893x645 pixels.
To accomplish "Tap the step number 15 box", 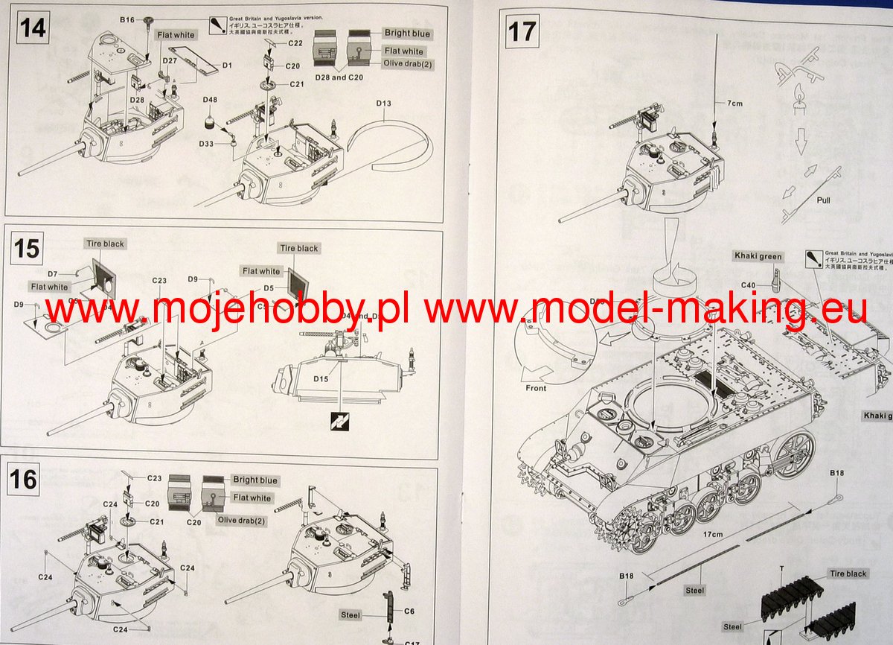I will pyautogui.click(x=27, y=247).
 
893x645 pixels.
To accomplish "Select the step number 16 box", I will pyautogui.click(x=25, y=479).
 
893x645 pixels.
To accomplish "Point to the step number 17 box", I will pyautogui.click(x=522, y=31).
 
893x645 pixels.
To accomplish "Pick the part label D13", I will pyautogui.click(x=383, y=103).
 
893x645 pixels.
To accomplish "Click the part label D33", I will pyautogui.click(x=207, y=143).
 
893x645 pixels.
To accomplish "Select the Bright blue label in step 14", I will pyautogui.click(x=406, y=34).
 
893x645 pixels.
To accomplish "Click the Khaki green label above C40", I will pyautogui.click(x=759, y=257).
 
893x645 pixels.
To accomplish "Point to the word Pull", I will pyautogui.click(x=823, y=200).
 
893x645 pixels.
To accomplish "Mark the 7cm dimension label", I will pyautogui.click(x=733, y=104).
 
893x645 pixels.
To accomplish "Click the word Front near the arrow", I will pyautogui.click(x=535, y=388).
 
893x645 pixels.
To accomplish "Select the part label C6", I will pyautogui.click(x=409, y=611).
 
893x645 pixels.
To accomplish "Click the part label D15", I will pyautogui.click(x=321, y=379).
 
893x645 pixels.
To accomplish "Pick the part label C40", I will pyautogui.click(x=749, y=285).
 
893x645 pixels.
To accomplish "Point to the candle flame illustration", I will pyautogui.click(x=800, y=100).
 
